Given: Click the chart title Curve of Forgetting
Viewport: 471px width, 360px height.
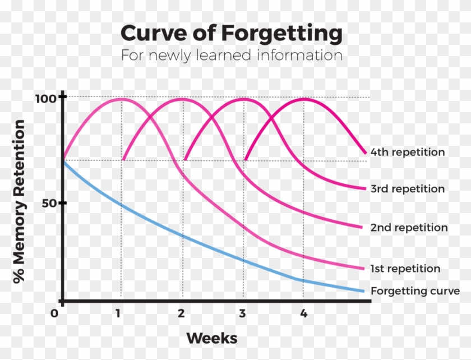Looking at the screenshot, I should (x=231, y=34).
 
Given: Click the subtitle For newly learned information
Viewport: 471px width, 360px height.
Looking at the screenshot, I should (x=231, y=56).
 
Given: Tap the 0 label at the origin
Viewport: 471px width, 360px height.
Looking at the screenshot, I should (x=54, y=313).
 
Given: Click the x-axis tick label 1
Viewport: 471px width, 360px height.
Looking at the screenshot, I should (x=118, y=313).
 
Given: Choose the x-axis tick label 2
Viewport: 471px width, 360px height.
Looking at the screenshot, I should (x=181, y=313).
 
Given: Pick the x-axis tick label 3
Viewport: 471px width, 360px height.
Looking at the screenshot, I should (x=242, y=313).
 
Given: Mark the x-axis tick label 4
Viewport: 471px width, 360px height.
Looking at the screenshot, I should (x=303, y=313).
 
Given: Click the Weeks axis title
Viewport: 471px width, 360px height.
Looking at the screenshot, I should (x=211, y=338).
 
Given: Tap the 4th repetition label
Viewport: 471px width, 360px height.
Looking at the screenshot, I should (x=408, y=152).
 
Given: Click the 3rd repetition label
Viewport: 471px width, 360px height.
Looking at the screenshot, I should (x=408, y=188).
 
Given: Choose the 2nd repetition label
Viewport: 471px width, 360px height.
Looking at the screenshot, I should (x=409, y=228).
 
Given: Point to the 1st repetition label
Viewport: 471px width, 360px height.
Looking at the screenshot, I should (x=405, y=269).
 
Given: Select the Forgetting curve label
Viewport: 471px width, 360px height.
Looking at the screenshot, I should (x=415, y=291).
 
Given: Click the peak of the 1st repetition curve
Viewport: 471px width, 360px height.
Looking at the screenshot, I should (x=121, y=99).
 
